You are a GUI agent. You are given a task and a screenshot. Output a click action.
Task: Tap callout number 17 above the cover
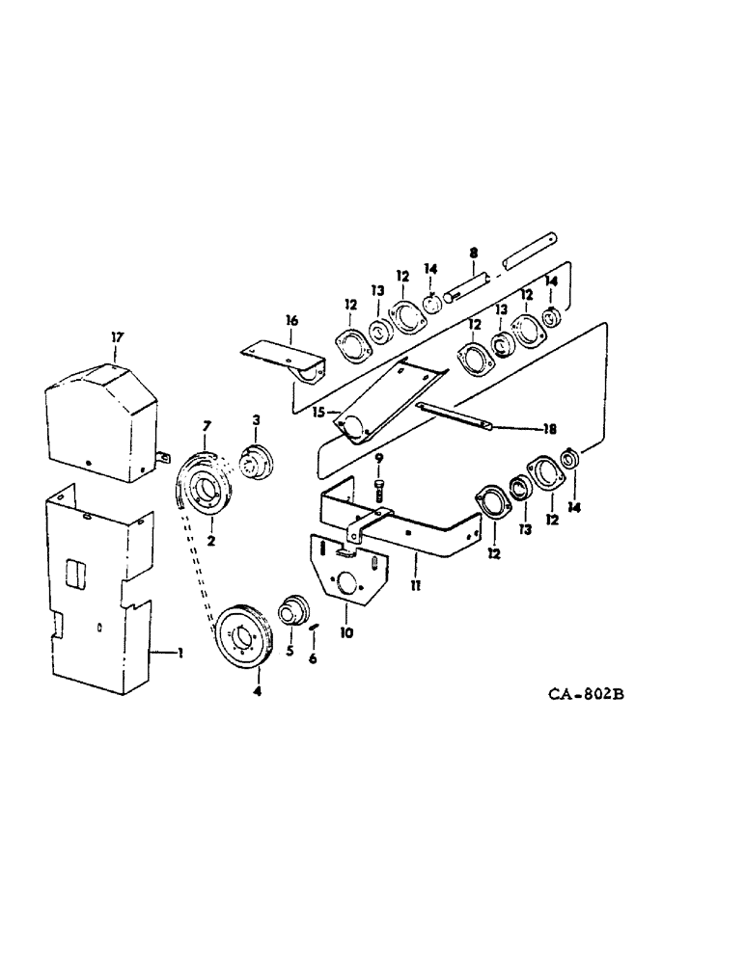click(x=116, y=337)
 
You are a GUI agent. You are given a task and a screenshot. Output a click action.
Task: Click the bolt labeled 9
click(x=379, y=489)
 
